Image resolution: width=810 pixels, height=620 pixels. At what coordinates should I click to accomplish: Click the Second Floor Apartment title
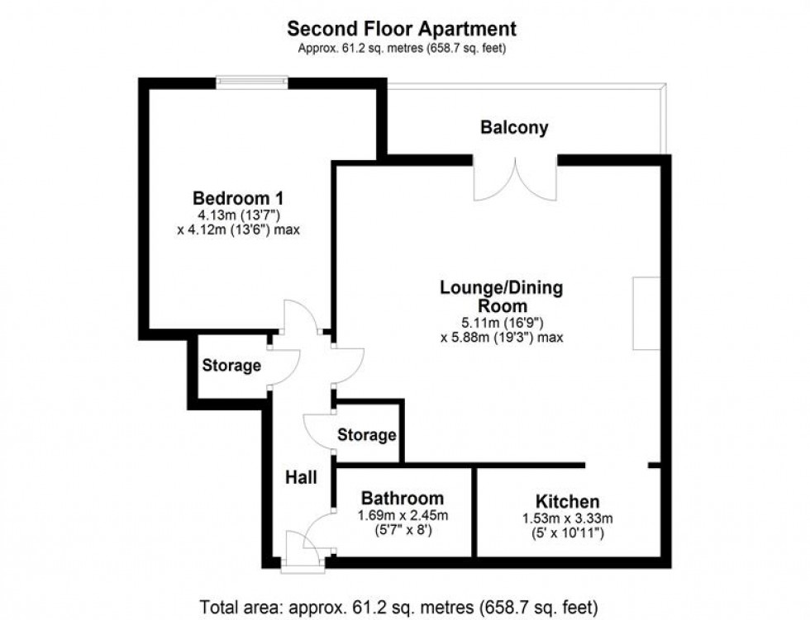(402, 29)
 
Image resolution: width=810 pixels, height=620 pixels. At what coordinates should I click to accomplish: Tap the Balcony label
(514, 128)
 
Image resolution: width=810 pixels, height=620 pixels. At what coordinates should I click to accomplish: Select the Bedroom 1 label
(238, 199)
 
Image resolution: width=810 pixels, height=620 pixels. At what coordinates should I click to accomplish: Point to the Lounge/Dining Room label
(501, 296)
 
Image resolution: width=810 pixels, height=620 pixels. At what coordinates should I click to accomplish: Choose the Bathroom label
(402, 499)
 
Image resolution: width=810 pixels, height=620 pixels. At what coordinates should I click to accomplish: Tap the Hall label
(302, 476)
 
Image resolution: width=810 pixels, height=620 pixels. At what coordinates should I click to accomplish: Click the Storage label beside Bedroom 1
(232, 366)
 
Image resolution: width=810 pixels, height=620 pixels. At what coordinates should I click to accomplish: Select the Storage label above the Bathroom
(367, 435)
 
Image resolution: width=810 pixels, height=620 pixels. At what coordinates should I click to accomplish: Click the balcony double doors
(516, 177)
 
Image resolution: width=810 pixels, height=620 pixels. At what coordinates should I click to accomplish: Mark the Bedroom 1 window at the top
(253, 81)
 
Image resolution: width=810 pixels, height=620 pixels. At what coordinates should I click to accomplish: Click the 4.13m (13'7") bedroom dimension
(238, 216)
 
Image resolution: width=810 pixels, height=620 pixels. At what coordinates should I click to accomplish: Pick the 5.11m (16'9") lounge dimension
(502, 323)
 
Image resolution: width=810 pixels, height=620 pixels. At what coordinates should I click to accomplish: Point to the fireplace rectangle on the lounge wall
(646, 314)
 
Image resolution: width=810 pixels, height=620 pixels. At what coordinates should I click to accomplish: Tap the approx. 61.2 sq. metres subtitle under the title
(402, 48)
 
